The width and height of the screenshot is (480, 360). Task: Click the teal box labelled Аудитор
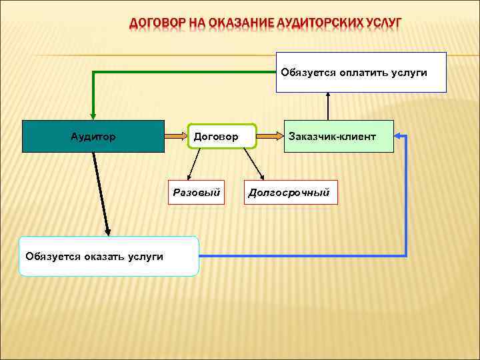93,137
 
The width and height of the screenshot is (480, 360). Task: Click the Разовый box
196,193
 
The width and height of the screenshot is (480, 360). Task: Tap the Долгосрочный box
290,193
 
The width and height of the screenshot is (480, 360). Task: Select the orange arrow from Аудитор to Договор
176,136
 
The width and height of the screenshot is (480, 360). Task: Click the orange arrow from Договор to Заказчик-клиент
270,136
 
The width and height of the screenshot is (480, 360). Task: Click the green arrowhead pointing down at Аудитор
93,115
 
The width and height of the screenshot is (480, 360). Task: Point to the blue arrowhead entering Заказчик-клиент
399,136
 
